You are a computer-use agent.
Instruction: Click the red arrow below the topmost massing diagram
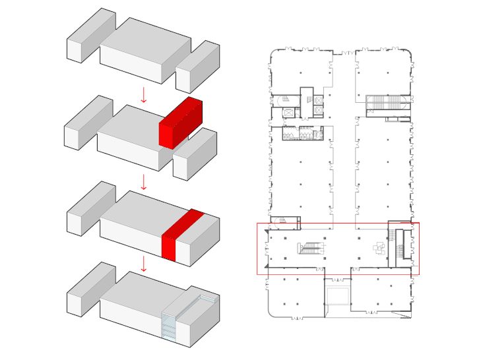(143, 96)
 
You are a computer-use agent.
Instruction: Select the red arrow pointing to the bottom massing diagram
(143, 264)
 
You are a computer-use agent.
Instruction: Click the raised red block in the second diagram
(180, 123)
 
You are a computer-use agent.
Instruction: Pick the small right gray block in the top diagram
(197, 66)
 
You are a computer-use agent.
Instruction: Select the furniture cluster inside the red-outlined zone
(378, 248)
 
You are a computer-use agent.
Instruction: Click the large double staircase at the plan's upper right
(384, 103)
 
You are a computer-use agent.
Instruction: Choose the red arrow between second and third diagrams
(143, 181)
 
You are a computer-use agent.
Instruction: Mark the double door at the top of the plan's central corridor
(344, 52)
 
